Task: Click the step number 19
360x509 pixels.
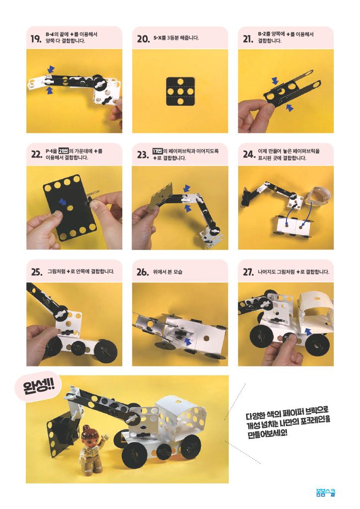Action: coord(36,39)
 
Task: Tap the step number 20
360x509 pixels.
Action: coord(143,39)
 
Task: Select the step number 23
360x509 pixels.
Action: coord(143,155)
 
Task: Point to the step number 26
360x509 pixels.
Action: coord(143,272)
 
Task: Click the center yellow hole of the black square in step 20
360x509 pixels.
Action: coord(180,91)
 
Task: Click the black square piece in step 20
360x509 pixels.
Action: coord(180,91)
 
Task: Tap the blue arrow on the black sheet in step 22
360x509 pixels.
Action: coord(62,202)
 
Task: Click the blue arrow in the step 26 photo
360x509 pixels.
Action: coord(187,341)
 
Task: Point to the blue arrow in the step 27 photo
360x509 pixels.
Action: coord(308,331)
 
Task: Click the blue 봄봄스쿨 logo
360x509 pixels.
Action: coord(326,493)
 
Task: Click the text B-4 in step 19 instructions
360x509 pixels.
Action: coord(49,34)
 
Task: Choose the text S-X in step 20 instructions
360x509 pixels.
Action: coord(158,38)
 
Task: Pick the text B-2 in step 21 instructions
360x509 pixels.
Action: coord(262,34)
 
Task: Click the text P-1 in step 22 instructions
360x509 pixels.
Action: coord(49,151)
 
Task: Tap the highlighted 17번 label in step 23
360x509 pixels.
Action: coord(157,151)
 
